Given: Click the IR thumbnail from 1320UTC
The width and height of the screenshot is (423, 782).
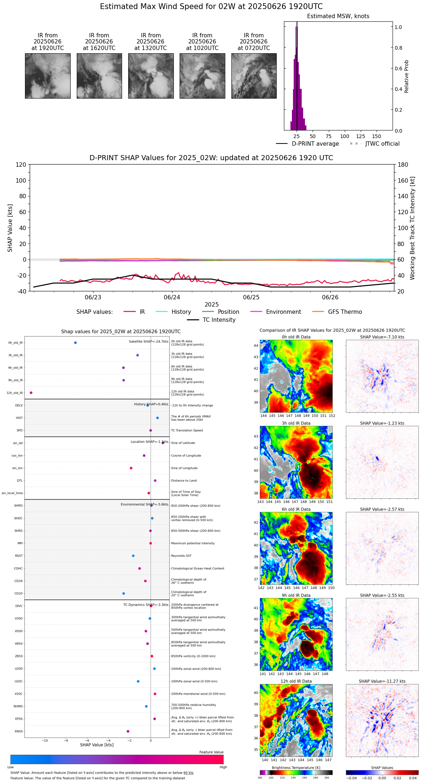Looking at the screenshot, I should pos(151,76).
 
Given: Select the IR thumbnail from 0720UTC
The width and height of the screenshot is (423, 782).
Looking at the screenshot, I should pos(254,76).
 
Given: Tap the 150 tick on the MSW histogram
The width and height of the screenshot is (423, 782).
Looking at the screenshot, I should pos(377,136).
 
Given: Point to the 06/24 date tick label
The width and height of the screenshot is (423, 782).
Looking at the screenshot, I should pos(172,297).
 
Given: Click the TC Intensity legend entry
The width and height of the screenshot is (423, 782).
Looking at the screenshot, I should pos(219,320).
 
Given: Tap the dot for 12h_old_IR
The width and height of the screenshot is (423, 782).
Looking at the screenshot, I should pos(31,393).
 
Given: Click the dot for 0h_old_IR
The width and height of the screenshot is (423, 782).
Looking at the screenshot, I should pos(75,343).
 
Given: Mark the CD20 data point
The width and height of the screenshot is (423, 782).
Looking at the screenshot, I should pos(124,594).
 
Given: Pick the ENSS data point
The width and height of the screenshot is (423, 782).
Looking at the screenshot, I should pos(128,731).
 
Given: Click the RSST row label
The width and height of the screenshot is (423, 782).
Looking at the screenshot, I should pos(19,556).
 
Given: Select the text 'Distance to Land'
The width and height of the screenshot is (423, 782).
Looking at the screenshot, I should pos(184,481).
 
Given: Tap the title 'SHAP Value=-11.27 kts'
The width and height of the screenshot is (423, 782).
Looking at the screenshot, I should pos(382,681).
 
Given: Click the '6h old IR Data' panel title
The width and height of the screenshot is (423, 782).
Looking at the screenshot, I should pos(296,509).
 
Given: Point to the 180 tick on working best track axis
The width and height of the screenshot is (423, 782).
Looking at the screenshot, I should pos(403,165).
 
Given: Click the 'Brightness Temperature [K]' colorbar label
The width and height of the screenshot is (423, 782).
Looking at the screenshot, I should pos(296,768).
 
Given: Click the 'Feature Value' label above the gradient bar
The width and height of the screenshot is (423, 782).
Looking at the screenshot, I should pos(211,752).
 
